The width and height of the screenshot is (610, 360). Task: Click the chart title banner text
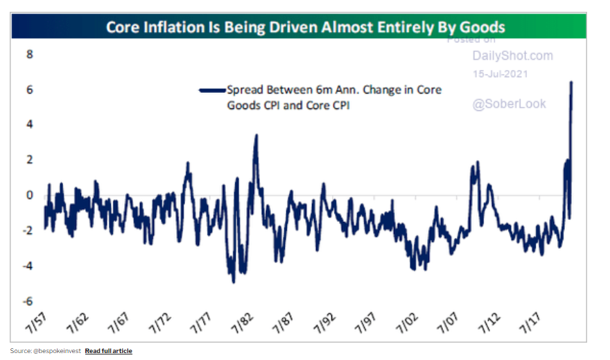(305, 28)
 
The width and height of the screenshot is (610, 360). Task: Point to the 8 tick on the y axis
(30, 54)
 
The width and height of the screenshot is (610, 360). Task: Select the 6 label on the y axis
(30, 89)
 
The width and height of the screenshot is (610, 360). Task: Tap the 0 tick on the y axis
(30, 195)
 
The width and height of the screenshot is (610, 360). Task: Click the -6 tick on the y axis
(28, 302)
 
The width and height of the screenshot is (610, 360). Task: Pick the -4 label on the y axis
(28, 266)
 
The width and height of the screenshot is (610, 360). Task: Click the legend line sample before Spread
(212, 90)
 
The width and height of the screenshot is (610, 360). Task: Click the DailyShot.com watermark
(512, 55)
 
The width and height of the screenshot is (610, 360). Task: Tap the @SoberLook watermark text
(509, 104)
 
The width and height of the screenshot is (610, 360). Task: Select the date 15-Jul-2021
(499, 74)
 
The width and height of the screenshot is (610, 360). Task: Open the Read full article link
(108, 351)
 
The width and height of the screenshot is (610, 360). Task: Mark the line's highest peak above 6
(571, 82)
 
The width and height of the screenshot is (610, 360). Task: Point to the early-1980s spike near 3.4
(256, 135)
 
